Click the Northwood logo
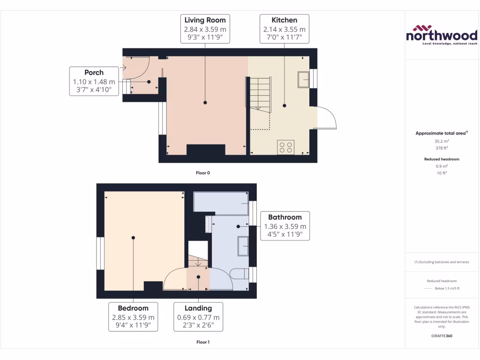click(442, 35)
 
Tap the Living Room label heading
click(205, 20)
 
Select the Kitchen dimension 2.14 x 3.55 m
click(285, 29)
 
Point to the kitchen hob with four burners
click(285, 147)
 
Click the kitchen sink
click(303, 80)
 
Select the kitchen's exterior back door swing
click(327, 118)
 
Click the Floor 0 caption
click(202, 173)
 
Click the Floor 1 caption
click(202, 342)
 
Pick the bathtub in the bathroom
click(221, 202)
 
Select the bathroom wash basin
click(243, 247)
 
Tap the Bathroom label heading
click(285, 217)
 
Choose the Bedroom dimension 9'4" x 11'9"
click(133, 325)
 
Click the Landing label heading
click(198, 308)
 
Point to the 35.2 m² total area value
click(442, 141)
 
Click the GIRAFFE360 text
click(442, 336)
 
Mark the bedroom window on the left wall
click(100, 253)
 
